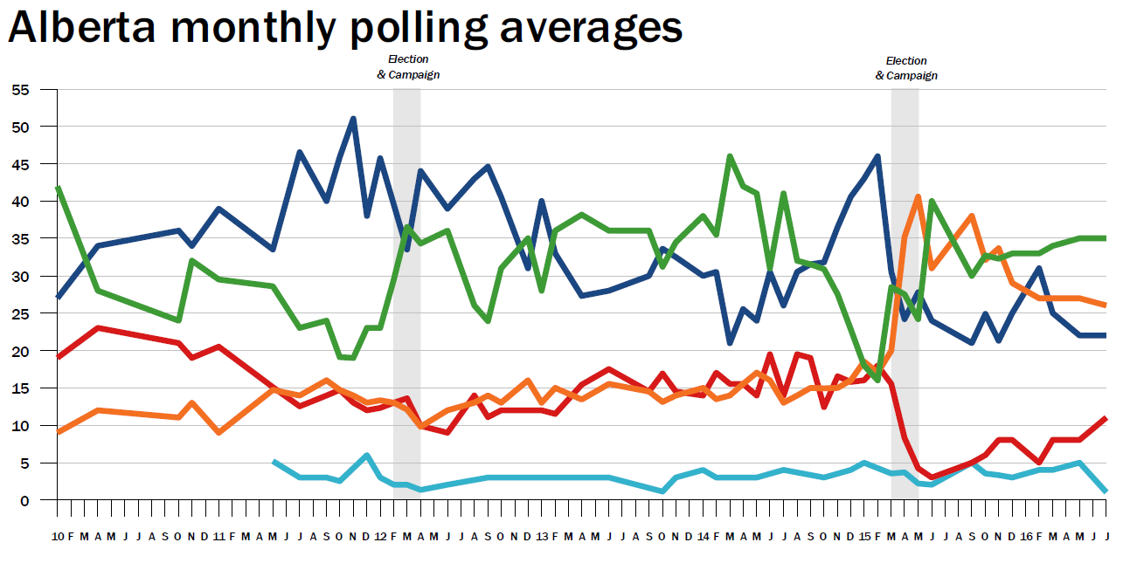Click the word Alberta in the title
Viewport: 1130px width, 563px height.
82,28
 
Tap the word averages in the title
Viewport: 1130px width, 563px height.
592,30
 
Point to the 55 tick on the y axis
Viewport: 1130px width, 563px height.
20,90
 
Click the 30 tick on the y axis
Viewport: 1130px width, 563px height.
20,277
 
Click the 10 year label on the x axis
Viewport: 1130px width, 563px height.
58,535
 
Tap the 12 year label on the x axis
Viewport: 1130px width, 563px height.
380,535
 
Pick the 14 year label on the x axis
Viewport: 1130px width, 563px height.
703,535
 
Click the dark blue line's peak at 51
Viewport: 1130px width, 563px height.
353,119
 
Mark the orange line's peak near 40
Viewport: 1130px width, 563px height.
918,196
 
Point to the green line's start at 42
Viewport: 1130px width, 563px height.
58,188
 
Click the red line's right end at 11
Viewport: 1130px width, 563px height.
1106,419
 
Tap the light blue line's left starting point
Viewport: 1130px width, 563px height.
274,461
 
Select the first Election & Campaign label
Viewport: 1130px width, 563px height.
408,67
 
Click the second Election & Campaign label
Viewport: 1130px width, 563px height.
906,68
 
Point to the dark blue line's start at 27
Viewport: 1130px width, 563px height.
58,298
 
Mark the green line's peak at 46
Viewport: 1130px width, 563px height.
730,157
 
